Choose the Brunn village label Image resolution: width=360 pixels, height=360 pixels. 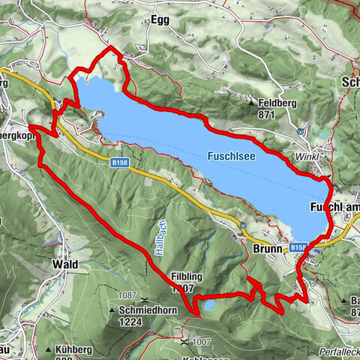(270, 248)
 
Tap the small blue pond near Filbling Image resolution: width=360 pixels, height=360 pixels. (208, 306)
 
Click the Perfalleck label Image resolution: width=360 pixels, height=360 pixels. (340, 352)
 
